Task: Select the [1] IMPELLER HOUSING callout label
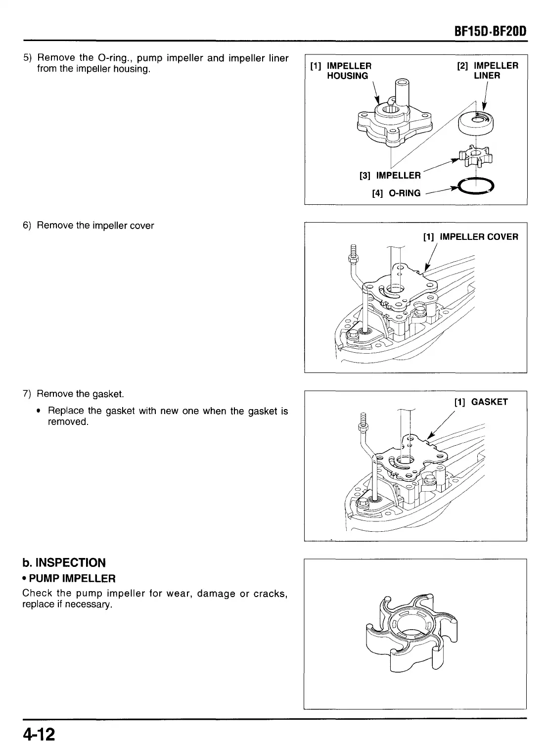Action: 341,71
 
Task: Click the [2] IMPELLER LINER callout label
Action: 488,71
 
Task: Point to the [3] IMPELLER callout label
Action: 390,176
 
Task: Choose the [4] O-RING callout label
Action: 396,193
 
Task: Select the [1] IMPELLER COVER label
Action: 471,237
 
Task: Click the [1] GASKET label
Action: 481,402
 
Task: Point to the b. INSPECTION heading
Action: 64,563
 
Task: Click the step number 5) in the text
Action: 28,58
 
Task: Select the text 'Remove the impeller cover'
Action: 95,226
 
